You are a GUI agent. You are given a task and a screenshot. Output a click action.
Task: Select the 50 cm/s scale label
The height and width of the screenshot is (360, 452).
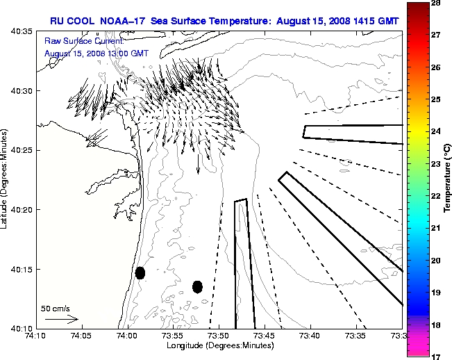click(55, 308)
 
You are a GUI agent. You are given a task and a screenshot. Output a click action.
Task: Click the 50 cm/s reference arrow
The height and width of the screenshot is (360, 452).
click(62, 319)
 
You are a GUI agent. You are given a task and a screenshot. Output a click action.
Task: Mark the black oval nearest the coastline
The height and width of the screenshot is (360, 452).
click(140, 272)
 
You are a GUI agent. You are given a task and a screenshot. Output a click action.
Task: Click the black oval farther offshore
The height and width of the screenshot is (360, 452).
click(197, 286)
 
